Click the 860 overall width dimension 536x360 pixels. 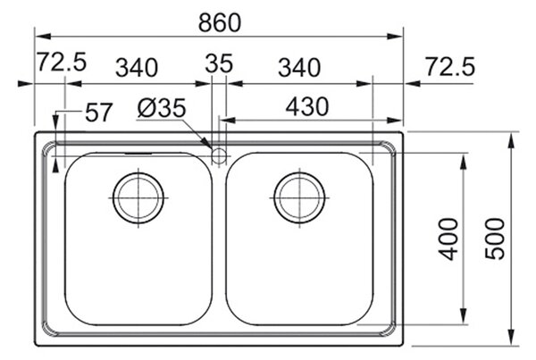click(220, 23)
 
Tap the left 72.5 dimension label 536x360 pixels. click(62, 62)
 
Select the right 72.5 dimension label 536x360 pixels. click(450, 66)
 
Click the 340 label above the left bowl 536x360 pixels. click(137, 67)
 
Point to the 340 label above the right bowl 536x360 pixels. click(299, 67)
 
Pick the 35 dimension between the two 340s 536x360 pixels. click(219, 63)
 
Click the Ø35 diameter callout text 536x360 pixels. click(162, 108)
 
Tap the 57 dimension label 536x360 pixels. click(98, 113)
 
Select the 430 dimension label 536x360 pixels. click(307, 106)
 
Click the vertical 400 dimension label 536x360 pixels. click(448, 239)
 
